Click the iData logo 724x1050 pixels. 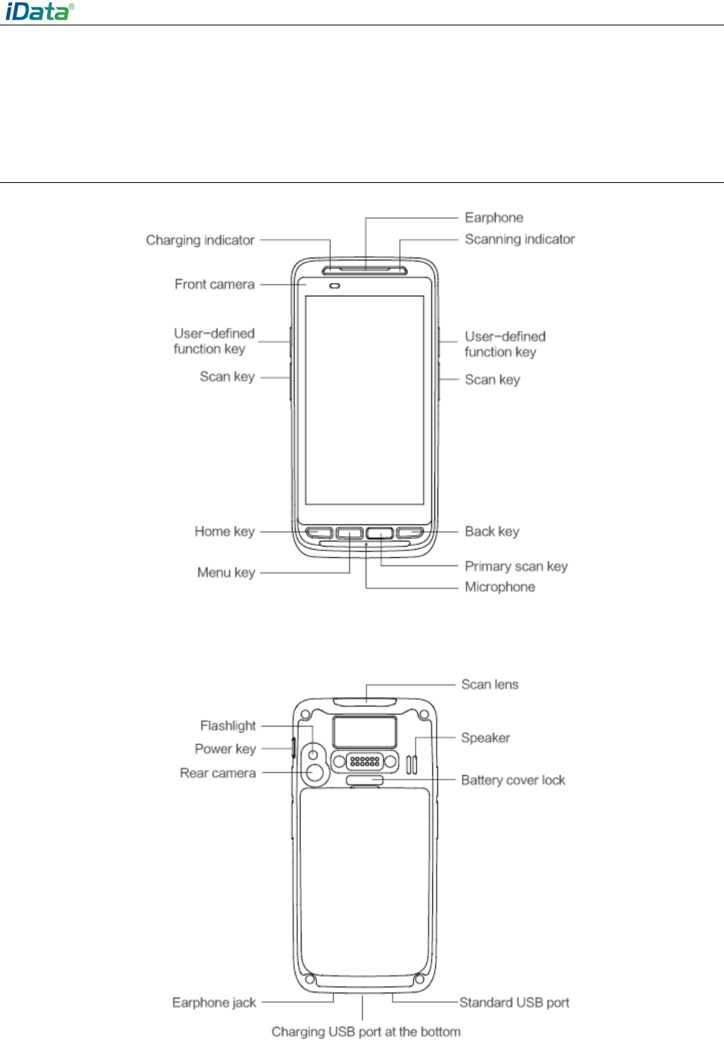point(40,11)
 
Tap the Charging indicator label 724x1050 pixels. point(200,240)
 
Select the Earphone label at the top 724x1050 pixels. point(494,218)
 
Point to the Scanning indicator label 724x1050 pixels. point(519,240)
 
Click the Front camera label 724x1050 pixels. point(214,285)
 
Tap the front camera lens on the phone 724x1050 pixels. point(334,285)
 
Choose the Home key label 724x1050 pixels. point(225,532)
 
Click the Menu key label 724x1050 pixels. point(226,573)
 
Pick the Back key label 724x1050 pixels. point(492,532)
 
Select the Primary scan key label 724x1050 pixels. point(516,567)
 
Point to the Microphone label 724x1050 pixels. point(499,587)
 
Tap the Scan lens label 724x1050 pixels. point(490,685)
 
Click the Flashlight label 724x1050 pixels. point(228,726)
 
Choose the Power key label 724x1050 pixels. point(225,749)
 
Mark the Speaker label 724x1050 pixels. point(485,738)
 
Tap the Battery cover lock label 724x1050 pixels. point(513,780)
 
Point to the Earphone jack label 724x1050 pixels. point(214,1003)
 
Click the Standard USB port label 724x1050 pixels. point(514,1003)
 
